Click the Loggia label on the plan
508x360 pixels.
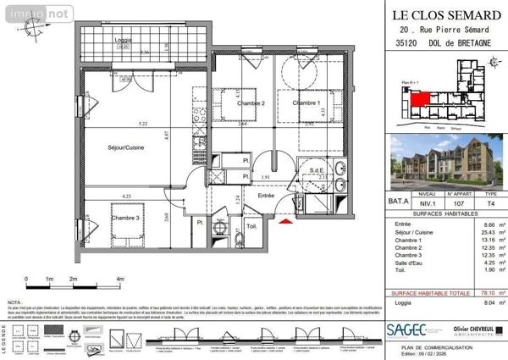124,41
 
